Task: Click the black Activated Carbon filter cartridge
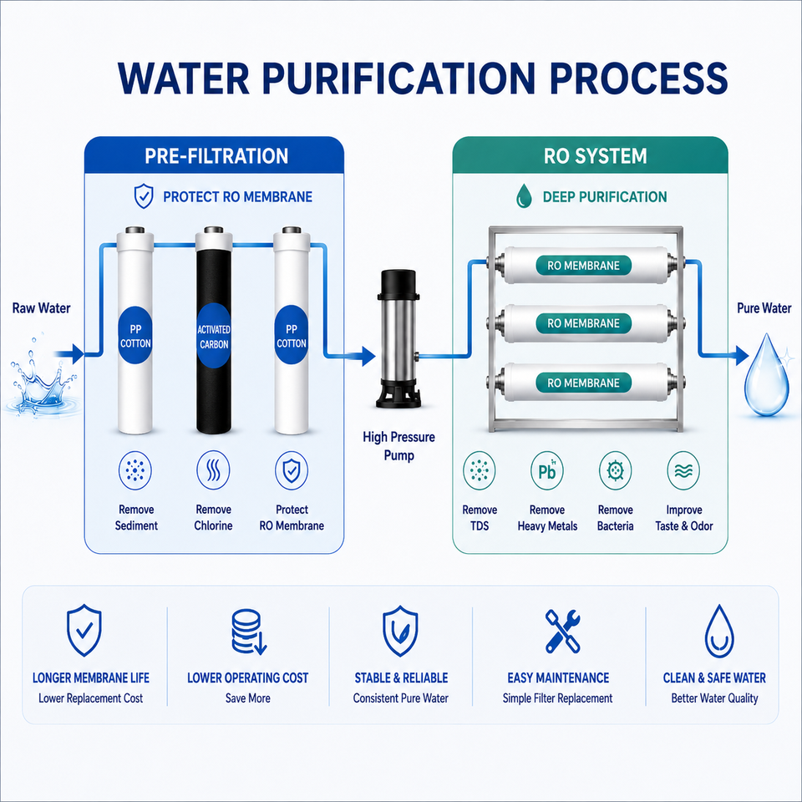pyautogui.click(x=214, y=332)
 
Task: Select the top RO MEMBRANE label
pyautogui.click(x=583, y=266)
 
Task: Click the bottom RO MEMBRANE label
pyautogui.click(x=583, y=383)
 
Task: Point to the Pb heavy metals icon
pyautogui.click(x=546, y=470)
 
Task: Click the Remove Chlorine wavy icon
pyautogui.click(x=213, y=470)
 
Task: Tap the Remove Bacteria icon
pyautogui.click(x=616, y=470)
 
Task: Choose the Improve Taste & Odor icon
pyautogui.click(x=684, y=470)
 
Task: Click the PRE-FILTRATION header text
pyautogui.click(x=216, y=156)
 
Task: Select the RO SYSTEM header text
pyautogui.click(x=596, y=156)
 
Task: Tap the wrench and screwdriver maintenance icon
pyautogui.click(x=562, y=631)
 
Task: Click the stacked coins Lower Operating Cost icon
pyautogui.click(x=249, y=632)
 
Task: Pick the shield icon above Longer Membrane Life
pyautogui.click(x=84, y=630)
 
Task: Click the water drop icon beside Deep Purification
pyautogui.click(x=524, y=196)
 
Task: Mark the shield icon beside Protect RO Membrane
pyautogui.click(x=144, y=196)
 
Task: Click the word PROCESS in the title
pyautogui.click(x=639, y=79)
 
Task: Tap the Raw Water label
pyautogui.click(x=42, y=308)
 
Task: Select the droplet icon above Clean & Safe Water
pyautogui.click(x=719, y=632)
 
